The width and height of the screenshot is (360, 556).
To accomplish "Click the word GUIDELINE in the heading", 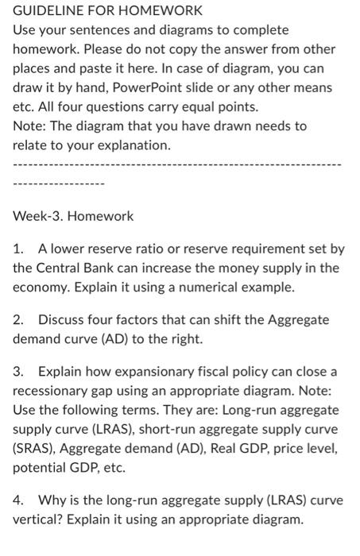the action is [x=47, y=11].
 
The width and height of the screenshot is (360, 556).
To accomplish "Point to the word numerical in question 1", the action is [x=207, y=287].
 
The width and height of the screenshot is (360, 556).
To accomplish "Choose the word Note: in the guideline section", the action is [x=30, y=125].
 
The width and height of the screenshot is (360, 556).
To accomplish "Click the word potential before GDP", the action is [x=38, y=467].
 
